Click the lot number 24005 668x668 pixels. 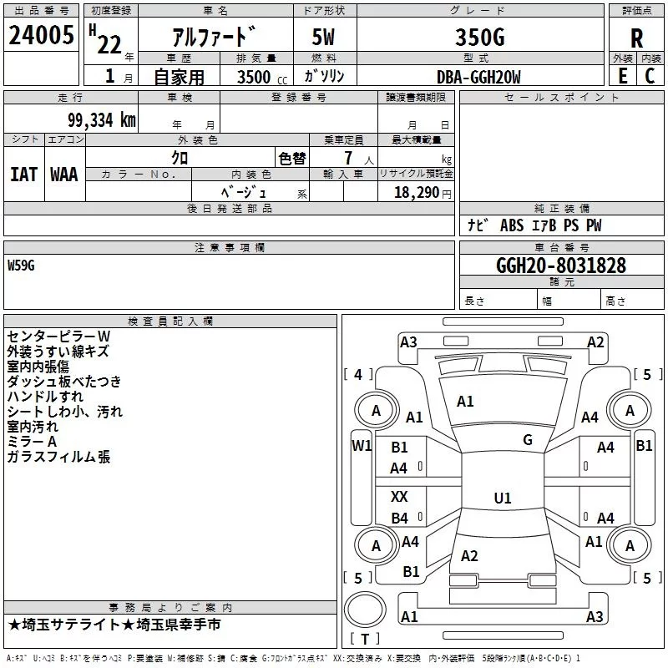click(x=41, y=35)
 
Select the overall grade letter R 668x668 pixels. click(x=636, y=38)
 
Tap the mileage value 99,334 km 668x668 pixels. click(x=102, y=120)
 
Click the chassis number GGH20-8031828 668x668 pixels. click(x=561, y=266)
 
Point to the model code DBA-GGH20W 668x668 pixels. click(x=478, y=77)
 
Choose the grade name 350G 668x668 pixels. click(x=480, y=37)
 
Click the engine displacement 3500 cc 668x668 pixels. click(x=262, y=77)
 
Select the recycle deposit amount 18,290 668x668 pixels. click(x=417, y=193)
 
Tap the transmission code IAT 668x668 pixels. click(x=23, y=175)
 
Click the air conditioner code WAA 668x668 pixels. click(x=64, y=175)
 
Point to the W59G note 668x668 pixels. click(x=21, y=266)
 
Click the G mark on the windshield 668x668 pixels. click(x=528, y=440)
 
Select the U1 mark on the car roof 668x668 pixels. click(x=503, y=498)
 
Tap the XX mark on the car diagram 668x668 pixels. click(x=399, y=496)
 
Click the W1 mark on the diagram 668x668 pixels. click(x=362, y=446)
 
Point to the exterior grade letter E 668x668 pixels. click(x=622, y=76)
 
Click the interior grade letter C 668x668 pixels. click(x=650, y=76)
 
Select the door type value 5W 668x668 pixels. click(x=323, y=37)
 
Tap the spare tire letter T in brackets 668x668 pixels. click(x=365, y=639)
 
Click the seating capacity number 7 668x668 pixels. click(x=348, y=158)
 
